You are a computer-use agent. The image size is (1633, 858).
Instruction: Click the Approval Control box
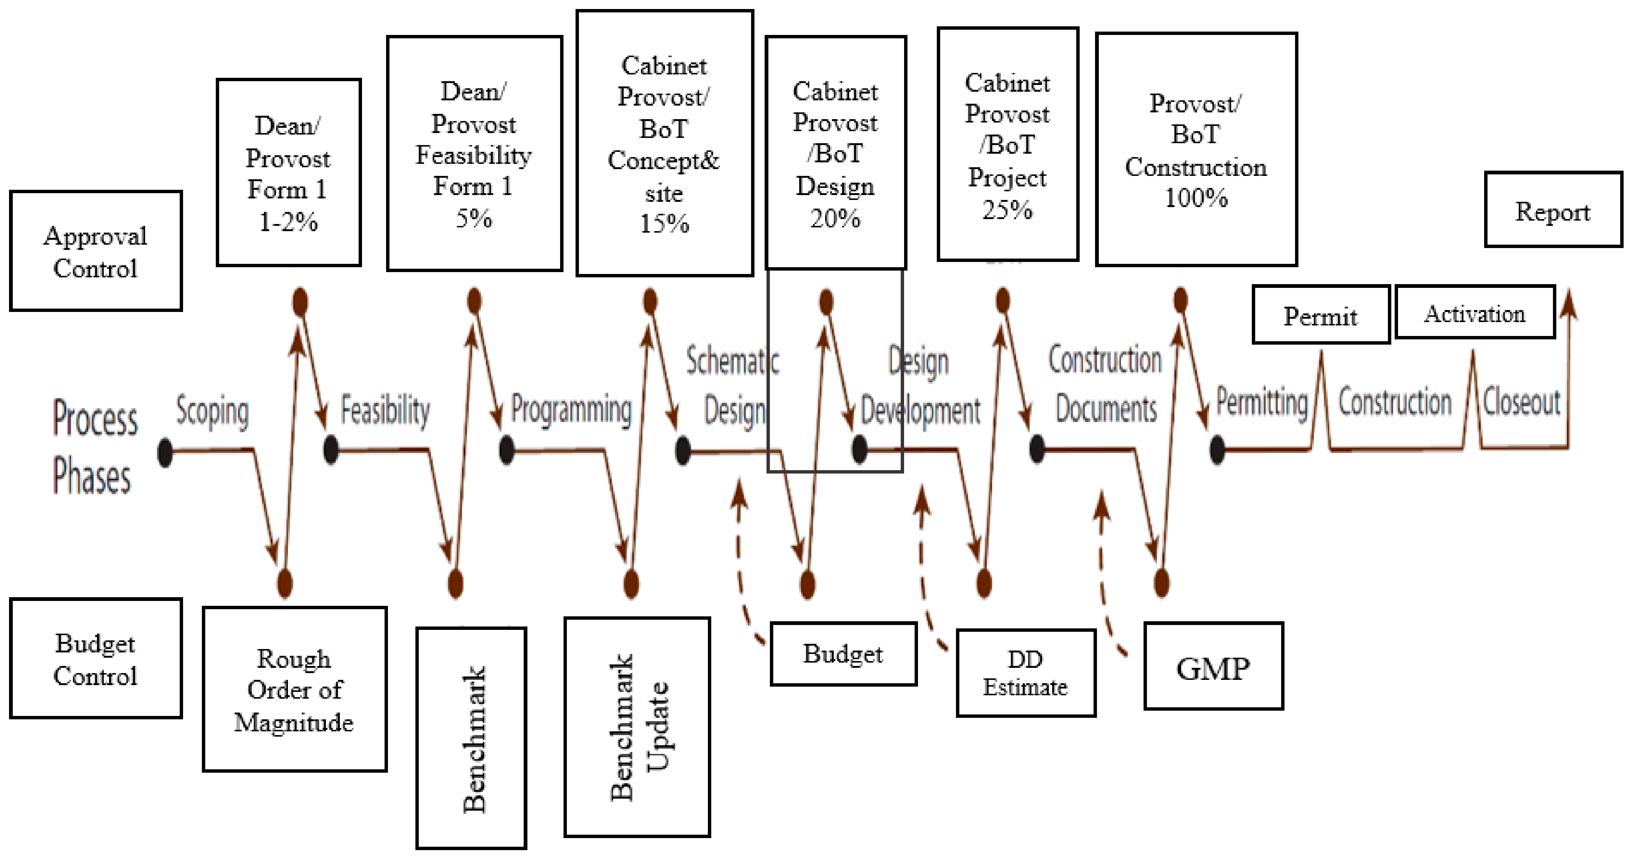[x=96, y=251]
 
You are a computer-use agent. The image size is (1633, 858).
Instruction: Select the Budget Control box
[x=96, y=658]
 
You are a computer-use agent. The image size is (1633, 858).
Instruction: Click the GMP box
[x=1213, y=667]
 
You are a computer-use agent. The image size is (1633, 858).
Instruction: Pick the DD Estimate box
[x=1026, y=673]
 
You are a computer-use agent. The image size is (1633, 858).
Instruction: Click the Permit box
[x=1321, y=315]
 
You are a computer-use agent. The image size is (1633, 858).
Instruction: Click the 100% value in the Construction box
[x=1195, y=198]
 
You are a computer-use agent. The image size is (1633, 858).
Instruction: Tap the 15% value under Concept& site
[x=664, y=223]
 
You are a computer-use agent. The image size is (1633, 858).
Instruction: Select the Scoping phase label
[x=212, y=411]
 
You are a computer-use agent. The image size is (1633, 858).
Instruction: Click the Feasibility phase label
[x=385, y=409]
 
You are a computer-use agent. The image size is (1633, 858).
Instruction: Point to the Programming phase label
[x=571, y=409]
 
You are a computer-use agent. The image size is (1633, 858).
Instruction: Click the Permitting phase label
[x=1262, y=403]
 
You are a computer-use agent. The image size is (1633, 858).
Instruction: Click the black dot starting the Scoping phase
[x=165, y=452]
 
